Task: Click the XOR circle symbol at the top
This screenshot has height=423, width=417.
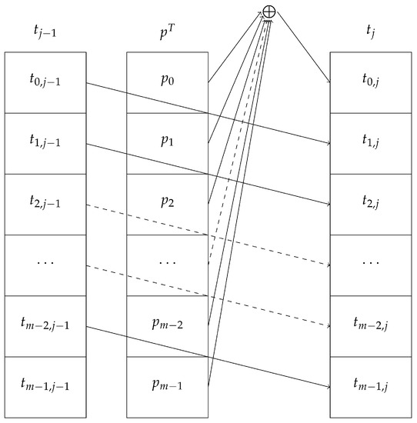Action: tap(269, 11)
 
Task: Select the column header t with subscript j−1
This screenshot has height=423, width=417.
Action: tap(44, 33)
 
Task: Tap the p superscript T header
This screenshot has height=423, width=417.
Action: tap(166, 33)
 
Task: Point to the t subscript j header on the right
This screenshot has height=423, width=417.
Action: tap(371, 33)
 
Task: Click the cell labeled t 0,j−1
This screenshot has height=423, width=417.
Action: tap(44, 82)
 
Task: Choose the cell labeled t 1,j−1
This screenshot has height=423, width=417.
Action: tap(44, 143)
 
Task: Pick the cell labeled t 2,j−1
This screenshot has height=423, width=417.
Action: tap(44, 204)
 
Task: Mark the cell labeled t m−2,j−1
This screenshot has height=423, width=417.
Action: tap(44, 326)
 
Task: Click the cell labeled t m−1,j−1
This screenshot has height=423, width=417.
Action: tap(44, 387)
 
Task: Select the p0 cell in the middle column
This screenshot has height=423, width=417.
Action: tap(166, 82)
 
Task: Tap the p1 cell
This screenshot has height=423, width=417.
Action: tap(166, 143)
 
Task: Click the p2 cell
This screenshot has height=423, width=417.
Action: tap(166, 204)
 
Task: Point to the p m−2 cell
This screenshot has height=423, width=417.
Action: tap(166, 326)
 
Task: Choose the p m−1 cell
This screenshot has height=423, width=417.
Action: tap(166, 387)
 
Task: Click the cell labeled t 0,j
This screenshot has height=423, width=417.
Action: tap(371, 82)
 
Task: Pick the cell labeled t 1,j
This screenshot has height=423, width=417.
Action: tap(371, 143)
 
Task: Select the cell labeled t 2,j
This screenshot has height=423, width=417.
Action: tap(371, 204)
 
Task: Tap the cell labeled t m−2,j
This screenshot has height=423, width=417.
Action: tap(371, 326)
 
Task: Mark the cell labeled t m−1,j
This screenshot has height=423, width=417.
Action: tap(371, 387)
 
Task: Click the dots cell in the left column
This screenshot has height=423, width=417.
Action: tap(44, 265)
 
